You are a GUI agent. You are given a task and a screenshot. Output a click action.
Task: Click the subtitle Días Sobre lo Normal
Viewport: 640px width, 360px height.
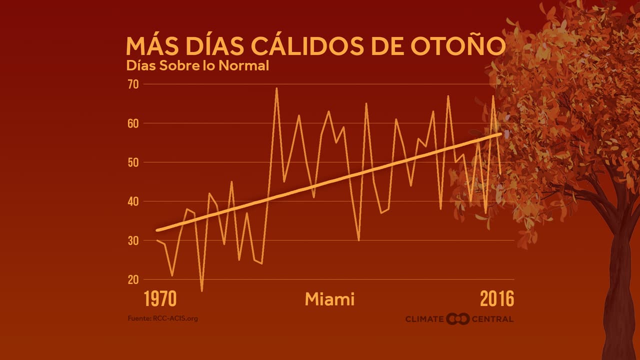197,65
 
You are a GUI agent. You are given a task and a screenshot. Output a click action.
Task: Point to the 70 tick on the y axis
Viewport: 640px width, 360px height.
133,84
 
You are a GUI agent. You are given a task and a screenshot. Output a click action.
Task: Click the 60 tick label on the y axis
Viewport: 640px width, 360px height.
133,123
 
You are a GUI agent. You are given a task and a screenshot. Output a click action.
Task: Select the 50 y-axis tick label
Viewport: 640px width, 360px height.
133,162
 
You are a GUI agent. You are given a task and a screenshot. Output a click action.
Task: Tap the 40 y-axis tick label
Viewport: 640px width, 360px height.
133,201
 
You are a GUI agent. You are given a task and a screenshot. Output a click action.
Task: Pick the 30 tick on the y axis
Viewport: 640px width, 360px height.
133,240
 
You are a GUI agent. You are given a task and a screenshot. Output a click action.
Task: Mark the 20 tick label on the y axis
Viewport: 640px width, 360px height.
133,279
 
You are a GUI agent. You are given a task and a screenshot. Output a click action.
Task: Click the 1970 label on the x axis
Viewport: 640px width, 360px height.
160,299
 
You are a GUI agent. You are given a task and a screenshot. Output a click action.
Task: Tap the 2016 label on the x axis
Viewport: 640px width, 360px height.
496,299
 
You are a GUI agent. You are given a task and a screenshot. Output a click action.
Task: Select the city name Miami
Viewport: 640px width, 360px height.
329,299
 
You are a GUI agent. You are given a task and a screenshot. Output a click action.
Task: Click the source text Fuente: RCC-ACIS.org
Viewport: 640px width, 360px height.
162,318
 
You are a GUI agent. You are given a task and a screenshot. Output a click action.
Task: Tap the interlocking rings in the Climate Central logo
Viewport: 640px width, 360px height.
457,318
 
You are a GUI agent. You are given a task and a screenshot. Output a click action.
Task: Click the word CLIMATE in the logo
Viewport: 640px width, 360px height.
424,319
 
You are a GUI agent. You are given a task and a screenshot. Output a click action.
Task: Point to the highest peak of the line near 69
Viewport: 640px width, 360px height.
276,88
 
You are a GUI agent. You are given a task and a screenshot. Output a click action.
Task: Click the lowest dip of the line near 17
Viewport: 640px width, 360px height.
202,290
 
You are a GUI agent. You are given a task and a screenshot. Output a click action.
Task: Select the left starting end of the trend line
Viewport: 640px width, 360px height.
157,230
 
